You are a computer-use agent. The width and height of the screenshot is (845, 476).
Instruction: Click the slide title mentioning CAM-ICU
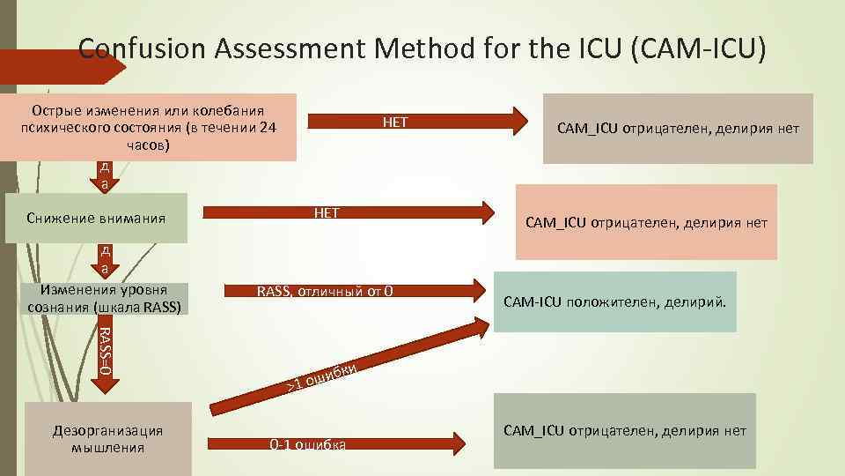(422, 48)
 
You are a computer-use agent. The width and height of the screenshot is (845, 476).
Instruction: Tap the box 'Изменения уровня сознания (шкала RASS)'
(105, 299)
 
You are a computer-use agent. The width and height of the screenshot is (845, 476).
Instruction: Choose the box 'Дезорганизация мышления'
(108, 439)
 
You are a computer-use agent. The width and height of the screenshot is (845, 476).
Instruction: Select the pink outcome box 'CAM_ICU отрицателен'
(646, 222)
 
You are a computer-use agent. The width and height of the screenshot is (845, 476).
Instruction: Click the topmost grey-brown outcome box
(678, 129)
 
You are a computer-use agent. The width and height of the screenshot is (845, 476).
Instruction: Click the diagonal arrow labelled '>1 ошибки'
(352, 370)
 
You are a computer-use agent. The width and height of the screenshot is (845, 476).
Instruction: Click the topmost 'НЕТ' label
(395, 123)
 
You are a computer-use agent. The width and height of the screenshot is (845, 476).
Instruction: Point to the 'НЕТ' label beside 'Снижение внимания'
(327, 212)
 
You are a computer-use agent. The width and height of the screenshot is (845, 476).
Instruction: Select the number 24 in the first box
(268, 128)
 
